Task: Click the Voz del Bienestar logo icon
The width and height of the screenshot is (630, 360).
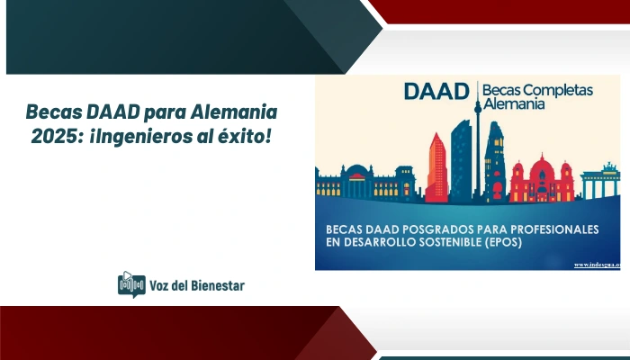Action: [x=131, y=285]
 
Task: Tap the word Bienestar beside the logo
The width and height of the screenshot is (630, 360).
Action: [x=212, y=285]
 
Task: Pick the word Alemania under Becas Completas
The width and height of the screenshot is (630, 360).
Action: [x=514, y=106]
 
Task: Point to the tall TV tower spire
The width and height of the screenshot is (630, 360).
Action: [x=477, y=135]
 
